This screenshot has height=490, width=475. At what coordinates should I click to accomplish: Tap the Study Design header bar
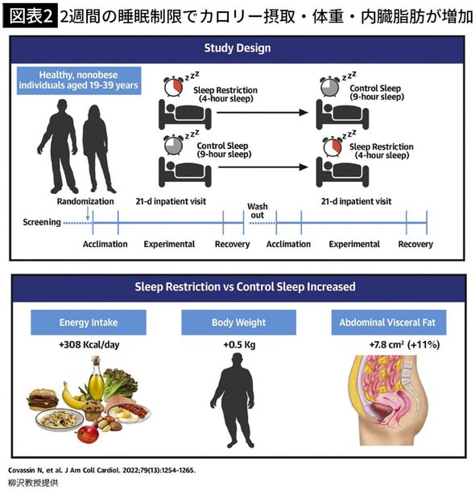(x=237, y=48)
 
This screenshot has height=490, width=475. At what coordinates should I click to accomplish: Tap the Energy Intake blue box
(x=89, y=323)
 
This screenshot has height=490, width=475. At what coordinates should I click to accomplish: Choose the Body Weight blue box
(x=238, y=323)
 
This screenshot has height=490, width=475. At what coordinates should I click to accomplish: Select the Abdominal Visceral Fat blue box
(x=389, y=323)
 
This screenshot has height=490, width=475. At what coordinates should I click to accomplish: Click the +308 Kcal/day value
(x=89, y=346)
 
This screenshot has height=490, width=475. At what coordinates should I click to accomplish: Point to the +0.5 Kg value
(x=238, y=346)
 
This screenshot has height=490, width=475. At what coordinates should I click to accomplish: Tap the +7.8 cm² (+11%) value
(x=389, y=346)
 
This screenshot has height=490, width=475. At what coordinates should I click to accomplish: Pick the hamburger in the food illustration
(x=43, y=400)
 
